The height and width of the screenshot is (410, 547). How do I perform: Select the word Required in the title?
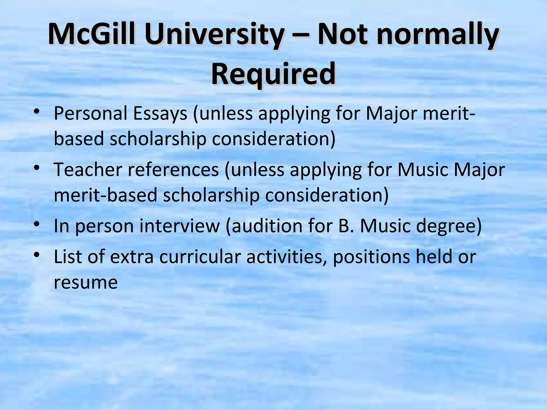[273, 73]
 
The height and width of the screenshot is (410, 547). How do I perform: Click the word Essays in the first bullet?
[160, 113]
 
